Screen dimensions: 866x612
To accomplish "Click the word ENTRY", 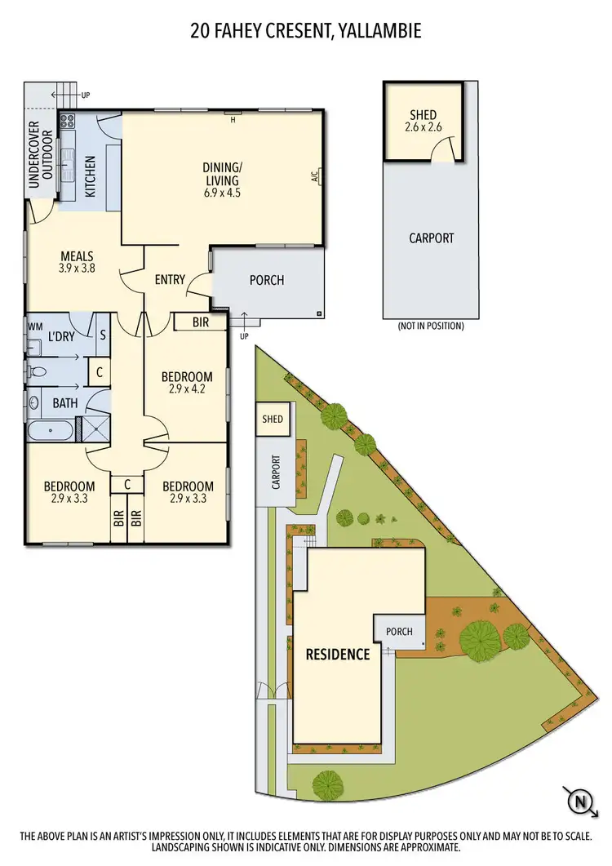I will coord(170,279).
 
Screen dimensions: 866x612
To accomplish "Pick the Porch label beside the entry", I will coord(267,280).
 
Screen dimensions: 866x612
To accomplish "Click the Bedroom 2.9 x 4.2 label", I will coord(187,383).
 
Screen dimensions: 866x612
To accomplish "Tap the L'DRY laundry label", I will coord(61,336).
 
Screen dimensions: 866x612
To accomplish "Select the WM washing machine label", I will coord(34,326).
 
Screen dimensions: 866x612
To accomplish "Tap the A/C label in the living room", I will coord(314,175).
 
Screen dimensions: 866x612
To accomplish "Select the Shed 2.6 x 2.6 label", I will coord(423,121).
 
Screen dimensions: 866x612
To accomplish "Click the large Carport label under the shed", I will coord(431,238).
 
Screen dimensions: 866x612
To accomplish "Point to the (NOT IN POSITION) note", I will coord(431,326).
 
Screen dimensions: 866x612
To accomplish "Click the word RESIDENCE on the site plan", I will coord(338,654).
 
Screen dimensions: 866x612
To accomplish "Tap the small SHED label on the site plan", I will coord(273,419).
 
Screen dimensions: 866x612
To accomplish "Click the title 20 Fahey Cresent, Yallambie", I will coord(306,32).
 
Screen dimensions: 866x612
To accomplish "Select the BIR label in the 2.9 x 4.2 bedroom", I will coord(201,322).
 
